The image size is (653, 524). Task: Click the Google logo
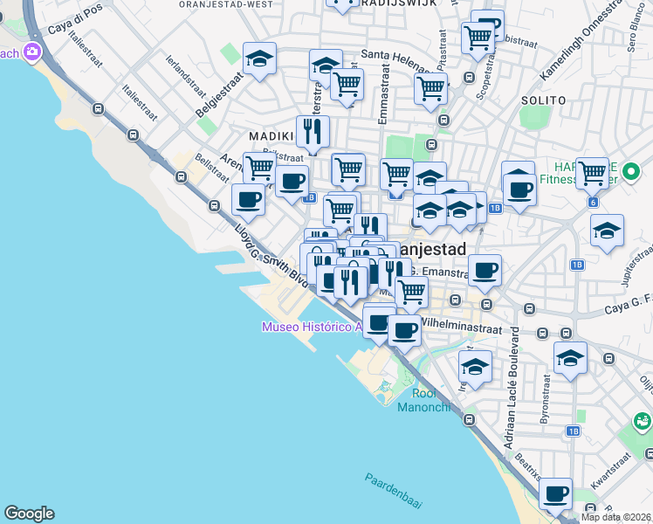(x=29, y=514)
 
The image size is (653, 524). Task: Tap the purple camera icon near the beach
(x=33, y=52)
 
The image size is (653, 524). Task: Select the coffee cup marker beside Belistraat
(x=248, y=200)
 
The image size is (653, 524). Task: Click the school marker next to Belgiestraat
(x=259, y=59)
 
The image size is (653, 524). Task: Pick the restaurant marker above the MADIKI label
(x=313, y=133)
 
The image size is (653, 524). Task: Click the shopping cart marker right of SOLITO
(x=592, y=173)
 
